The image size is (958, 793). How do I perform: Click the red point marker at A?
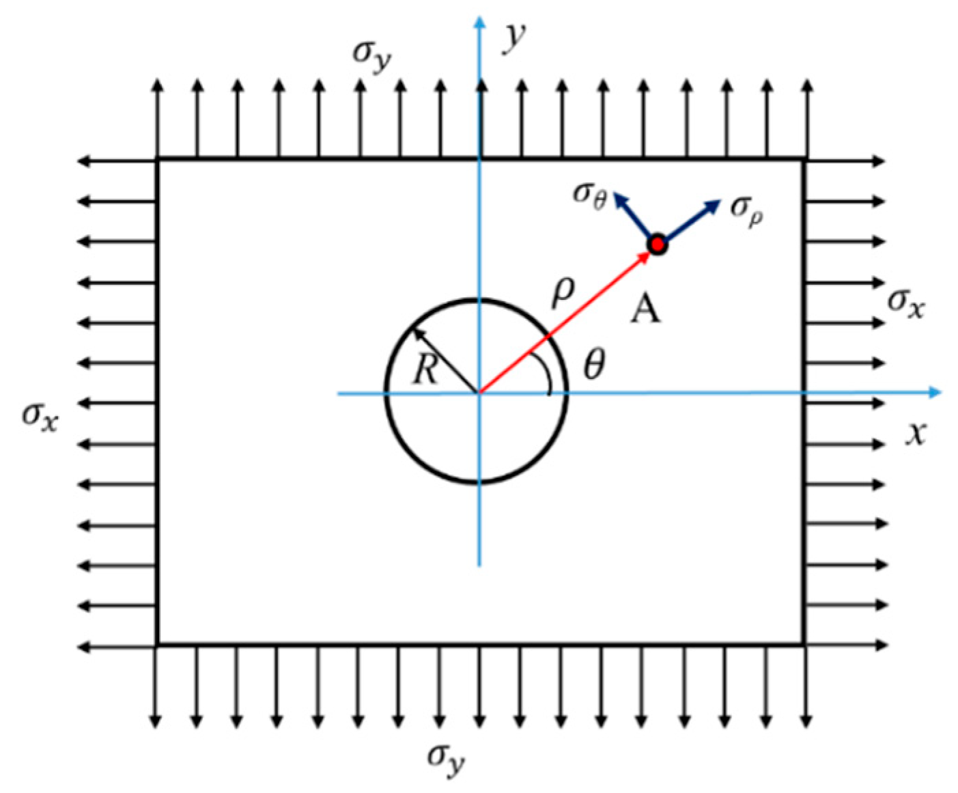point(657,244)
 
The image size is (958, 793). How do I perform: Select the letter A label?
point(645,310)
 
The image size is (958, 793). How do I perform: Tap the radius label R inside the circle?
point(425,371)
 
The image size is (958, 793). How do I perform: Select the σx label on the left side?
point(40,415)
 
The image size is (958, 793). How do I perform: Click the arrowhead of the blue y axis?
point(479,23)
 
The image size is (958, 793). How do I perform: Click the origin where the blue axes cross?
point(479,393)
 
